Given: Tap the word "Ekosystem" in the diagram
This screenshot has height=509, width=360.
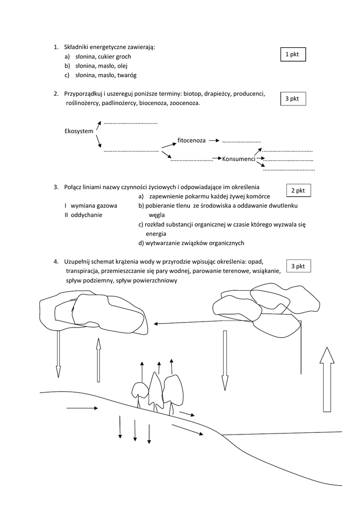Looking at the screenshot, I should click(x=79, y=131).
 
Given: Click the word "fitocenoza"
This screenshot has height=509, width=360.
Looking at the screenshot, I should click(x=191, y=141).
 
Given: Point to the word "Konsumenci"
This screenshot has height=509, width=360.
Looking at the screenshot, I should click(x=239, y=159).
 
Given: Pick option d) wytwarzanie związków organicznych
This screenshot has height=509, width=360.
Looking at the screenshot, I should click(x=191, y=243).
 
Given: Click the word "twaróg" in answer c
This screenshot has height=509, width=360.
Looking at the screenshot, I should click(x=126, y=75).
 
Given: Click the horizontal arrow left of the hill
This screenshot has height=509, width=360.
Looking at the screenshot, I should click(x=82, y=408).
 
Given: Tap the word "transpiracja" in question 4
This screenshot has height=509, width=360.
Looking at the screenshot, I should click(x=82, y=271).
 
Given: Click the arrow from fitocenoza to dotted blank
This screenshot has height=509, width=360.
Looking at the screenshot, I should click(x=214, y=141).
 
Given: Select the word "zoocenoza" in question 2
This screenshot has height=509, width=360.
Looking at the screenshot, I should click(x=184, y=103).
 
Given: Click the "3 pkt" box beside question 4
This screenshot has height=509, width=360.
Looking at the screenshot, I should click(x=298, y=266).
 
